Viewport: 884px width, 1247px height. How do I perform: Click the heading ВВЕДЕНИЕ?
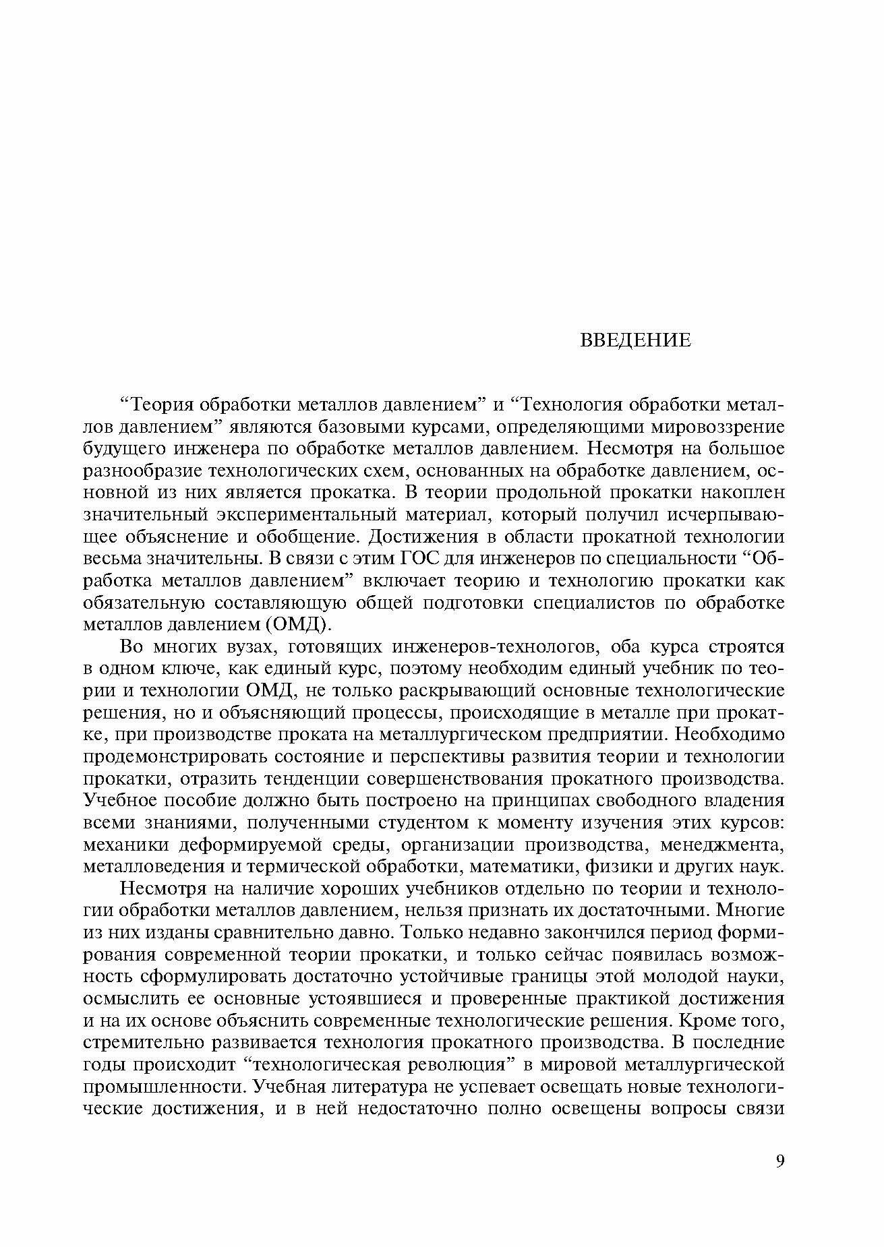pyautogui.click(x=635, y=340)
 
